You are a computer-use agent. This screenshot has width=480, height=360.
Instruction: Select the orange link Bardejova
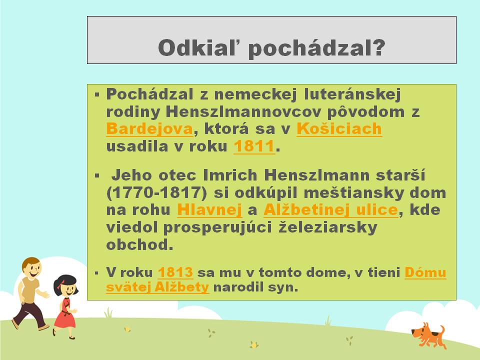tap(149, 129)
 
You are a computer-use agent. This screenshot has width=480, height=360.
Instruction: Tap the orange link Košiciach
tap(339, 128)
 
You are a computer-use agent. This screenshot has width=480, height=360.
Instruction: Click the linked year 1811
tap(254, 146)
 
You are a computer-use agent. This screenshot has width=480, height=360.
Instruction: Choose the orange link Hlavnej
tap(209, 210)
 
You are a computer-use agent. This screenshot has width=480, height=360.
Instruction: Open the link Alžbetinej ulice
tap(331, 210)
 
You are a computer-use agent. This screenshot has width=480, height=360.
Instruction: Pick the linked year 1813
tap(175, 272)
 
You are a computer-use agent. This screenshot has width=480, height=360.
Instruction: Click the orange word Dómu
tap(425, 272)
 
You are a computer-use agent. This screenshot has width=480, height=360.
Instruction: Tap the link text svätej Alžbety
tap(157, 287)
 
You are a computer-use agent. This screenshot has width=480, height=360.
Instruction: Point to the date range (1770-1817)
tap(156, 193)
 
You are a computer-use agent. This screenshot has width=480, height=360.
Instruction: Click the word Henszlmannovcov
tap(243, 111)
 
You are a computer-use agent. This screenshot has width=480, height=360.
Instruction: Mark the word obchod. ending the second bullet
tap(139, 245)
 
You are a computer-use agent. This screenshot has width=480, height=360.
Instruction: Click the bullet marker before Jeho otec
tap(97, 175)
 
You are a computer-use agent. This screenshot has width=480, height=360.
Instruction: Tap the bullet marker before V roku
tap(96, 273)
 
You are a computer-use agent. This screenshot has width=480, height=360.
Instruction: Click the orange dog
tap(429, 335)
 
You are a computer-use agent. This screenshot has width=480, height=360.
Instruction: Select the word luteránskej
tap(352, 94)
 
